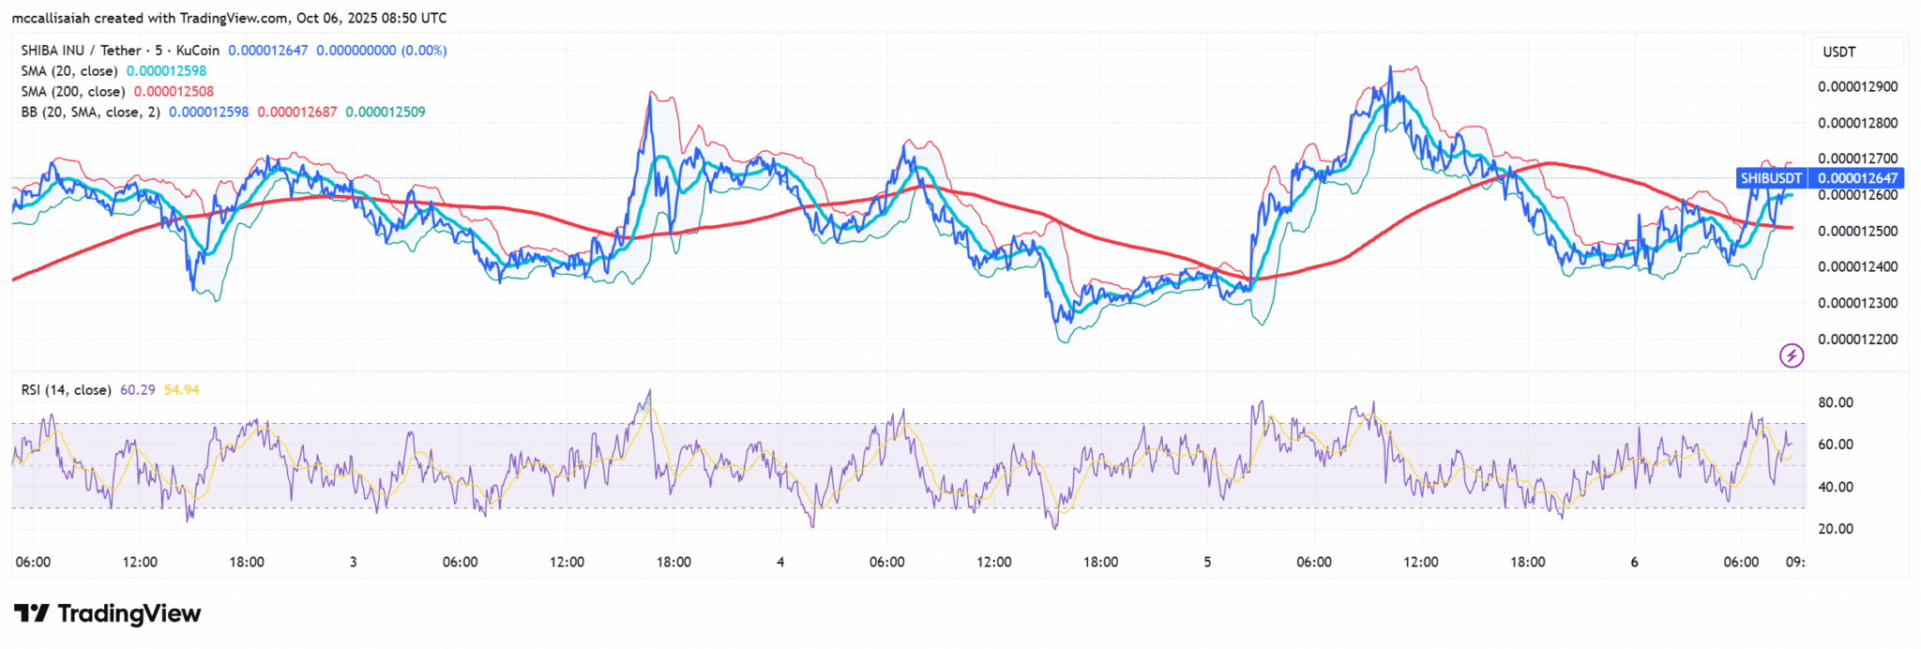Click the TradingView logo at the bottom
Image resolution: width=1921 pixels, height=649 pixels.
[x=108, y=614]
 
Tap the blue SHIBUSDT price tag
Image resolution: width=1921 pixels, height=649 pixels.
[x=1771, y=178]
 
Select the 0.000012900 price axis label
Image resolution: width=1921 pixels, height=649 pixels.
[x=1857, y=87]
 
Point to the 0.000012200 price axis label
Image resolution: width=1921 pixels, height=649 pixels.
[x=1857, y=340]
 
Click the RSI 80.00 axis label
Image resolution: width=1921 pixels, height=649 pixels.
[x=1836, y=402]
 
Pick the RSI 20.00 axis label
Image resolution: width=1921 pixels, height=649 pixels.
[x=1836, y=529]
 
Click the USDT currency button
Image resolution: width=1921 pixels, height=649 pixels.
[x=1839, y=53]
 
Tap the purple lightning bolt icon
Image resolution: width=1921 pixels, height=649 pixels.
[x=1792, y=355]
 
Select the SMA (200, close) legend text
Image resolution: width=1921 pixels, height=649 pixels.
[x=73, y=92]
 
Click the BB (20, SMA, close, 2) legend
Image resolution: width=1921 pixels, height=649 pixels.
[x=91, y=113]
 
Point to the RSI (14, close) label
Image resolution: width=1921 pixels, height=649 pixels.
[x=67, y=390]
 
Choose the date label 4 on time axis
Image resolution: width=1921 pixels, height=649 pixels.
[x=780, y=563]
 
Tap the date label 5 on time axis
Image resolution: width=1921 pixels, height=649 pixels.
[x=1207, y=563]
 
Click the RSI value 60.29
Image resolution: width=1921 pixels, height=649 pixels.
[x=138, y=390]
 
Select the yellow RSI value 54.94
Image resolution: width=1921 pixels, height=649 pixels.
[x=182, y=390]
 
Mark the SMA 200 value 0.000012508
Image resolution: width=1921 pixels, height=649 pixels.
[x=174, y=92]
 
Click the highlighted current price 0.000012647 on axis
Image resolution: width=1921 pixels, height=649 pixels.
[x=1857, y=178]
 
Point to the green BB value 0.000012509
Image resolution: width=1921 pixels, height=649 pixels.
[x=386, y=113]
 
